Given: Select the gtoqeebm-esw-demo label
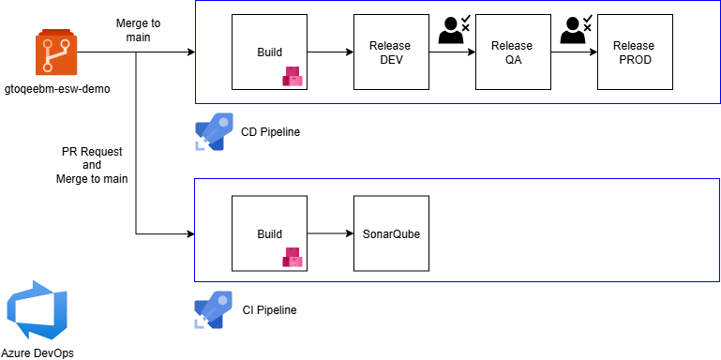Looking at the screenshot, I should pos(56,89).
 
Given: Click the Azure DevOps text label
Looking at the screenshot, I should pos(38,353).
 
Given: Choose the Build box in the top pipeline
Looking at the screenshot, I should pos(270,52).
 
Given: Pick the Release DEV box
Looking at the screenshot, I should pos(391,52).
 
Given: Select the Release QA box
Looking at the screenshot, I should pos(513,52).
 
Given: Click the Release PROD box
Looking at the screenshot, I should pos(635,52).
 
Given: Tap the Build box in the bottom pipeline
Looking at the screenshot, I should pos(270,233).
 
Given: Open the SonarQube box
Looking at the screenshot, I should pos(391,233).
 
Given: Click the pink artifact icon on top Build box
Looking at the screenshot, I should pos(293,77).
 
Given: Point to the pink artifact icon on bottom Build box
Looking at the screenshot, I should pos(293,257).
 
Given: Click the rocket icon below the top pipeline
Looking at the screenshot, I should pos(214,131).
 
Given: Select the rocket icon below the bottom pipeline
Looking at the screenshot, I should pos(214,309).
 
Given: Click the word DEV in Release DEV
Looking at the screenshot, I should pos(391,60).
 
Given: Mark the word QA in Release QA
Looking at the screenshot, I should pos(513,60).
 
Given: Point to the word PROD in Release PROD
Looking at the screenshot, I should pos(635,60).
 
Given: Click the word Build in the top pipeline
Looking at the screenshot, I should pos(269,52).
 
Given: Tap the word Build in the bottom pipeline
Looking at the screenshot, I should pos(269,233).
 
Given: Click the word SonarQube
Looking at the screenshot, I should pos(391,233).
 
